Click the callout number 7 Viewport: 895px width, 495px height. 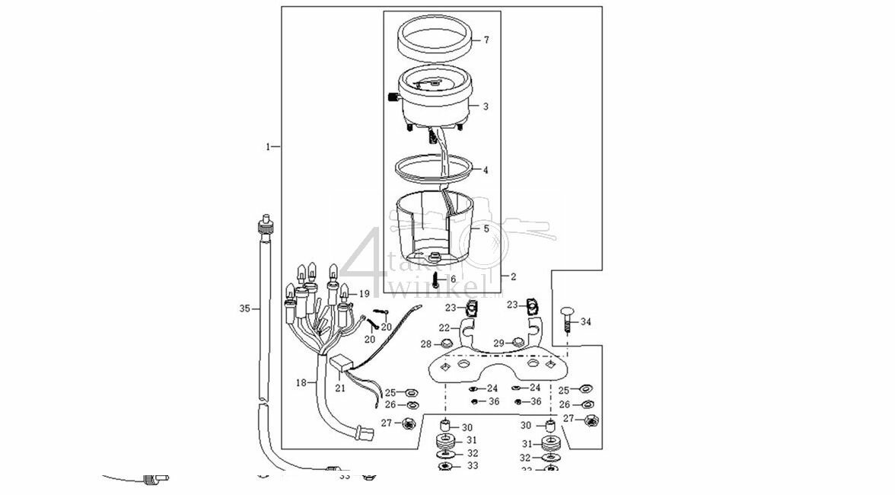[x=486, y=40]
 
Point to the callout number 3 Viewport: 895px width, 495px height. [x=486, y=107]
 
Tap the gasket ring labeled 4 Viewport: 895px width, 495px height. [x=432, y=168]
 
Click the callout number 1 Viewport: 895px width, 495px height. [x=268, y=145]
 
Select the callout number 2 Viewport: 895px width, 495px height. [x=513, y=277]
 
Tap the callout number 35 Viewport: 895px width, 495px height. [x=244, y=308]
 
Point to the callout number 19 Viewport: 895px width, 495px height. [x=365, y=293]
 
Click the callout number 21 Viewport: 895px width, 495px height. [x=340, y=388]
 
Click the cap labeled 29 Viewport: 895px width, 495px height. [x=518, y=342]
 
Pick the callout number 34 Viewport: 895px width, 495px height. [x=585, y=322]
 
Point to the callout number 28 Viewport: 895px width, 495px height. [x=426, y=344]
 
